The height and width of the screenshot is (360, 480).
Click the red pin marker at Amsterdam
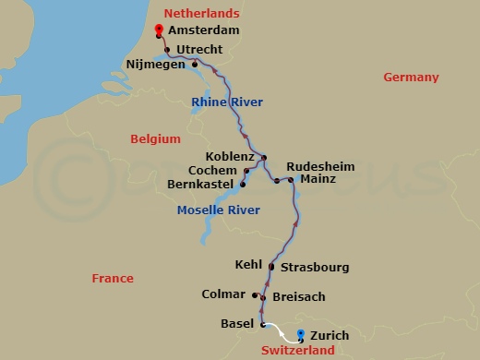pyautogui.click(x=160, y=30)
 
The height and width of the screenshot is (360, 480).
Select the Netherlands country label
pyautogui.click(x=201, y=13)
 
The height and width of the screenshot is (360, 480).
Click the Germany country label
pyautogui.click(x=411, y=78)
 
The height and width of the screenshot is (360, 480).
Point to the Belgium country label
pyautogui.click(x=154, y=138)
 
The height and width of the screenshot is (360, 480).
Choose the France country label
pyautogui.click(x=113, y=278)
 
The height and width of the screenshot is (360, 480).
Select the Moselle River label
pyautogui.click(x=219, y=210)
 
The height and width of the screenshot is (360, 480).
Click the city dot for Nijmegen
pyautogui.click(x=195, y=64)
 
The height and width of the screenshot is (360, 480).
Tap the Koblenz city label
pyautogui.click(x=231, y=157)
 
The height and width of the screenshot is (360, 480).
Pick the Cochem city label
pyautogui.click(x=213, y=171)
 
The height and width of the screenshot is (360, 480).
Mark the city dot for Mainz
pyautogui.click(x=291, y=180)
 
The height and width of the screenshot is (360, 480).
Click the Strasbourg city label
pyautogui.click(x=315, y=268)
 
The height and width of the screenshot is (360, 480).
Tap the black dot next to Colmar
pyautogui.click(x=254, y=295)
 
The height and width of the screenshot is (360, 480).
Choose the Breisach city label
pyautogui.click(x=299, y=298)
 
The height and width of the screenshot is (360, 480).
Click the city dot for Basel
pyautogui.click(x=263, y=324)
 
